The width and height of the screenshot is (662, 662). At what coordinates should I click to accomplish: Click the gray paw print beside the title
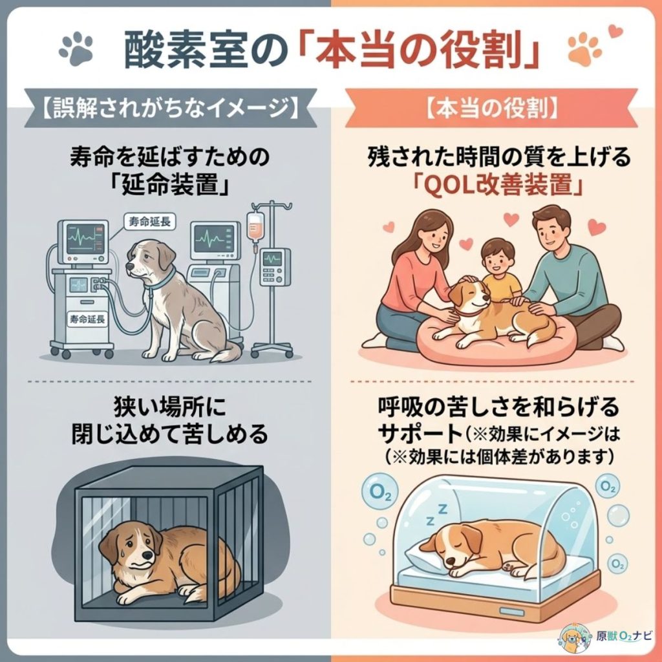(76, 47)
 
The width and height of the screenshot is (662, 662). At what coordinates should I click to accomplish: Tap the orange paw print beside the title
(584, 47)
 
